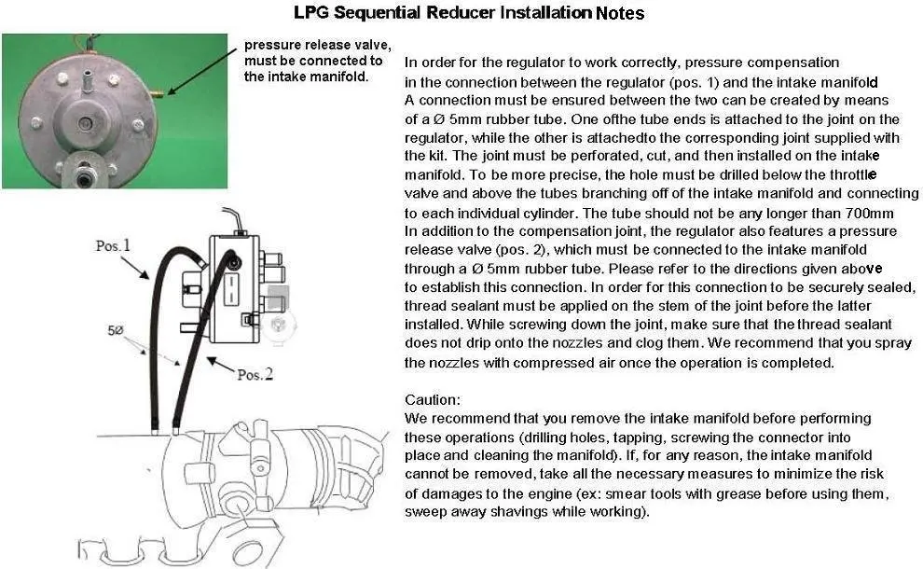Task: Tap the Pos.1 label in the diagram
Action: (113, 245)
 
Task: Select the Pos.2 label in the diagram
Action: (255, 375)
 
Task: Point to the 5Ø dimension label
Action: (116, 330)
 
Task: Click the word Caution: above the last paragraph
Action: (432, 400)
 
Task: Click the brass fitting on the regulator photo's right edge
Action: (158, 93)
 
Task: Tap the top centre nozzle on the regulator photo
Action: (87, 79)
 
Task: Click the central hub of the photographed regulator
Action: (86, 124)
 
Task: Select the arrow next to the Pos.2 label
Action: (221, 366)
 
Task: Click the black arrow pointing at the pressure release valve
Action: (202, 71)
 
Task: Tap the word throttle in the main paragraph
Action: (853, 174)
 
